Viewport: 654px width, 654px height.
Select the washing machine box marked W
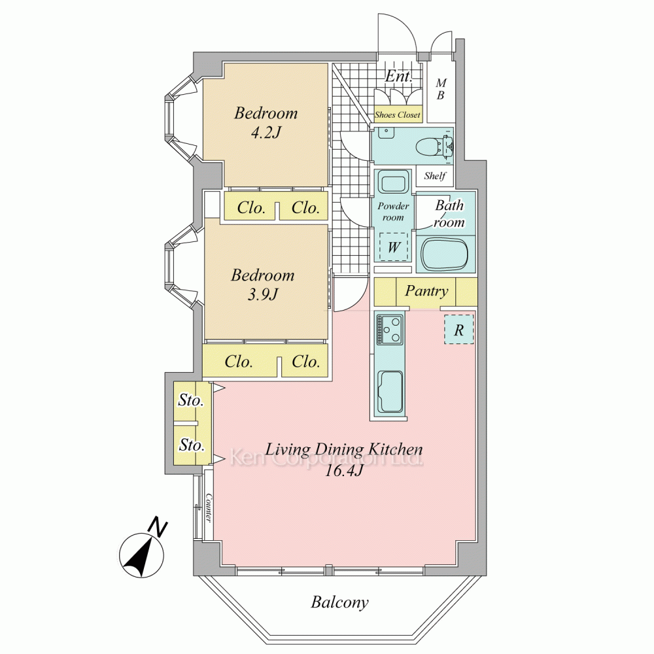tap(393, 247)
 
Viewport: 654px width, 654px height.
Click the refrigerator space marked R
tap(459, 330)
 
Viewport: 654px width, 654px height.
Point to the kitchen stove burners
tap(390, 330)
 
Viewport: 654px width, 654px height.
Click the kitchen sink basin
tap(390, 392)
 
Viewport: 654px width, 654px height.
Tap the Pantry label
tap(426, 291)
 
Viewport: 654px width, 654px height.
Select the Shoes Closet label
tap(398, 114)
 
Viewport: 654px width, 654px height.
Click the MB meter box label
tap(440, 89)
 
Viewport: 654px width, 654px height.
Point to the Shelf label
tap(435, 176)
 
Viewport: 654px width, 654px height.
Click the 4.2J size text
tap(266, 133)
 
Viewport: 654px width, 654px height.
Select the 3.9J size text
tap(262, 295)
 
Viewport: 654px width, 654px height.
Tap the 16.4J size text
tap(344, 471)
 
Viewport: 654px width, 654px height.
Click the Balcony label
tap(339, 602)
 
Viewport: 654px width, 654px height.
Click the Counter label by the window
tap(209, 508)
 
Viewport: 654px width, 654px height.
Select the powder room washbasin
tap(393, 182)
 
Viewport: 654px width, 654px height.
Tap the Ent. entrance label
tap(398, 77)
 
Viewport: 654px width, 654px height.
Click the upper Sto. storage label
tap(190, 400)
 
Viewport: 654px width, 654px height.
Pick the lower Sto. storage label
tap(192, 445)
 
